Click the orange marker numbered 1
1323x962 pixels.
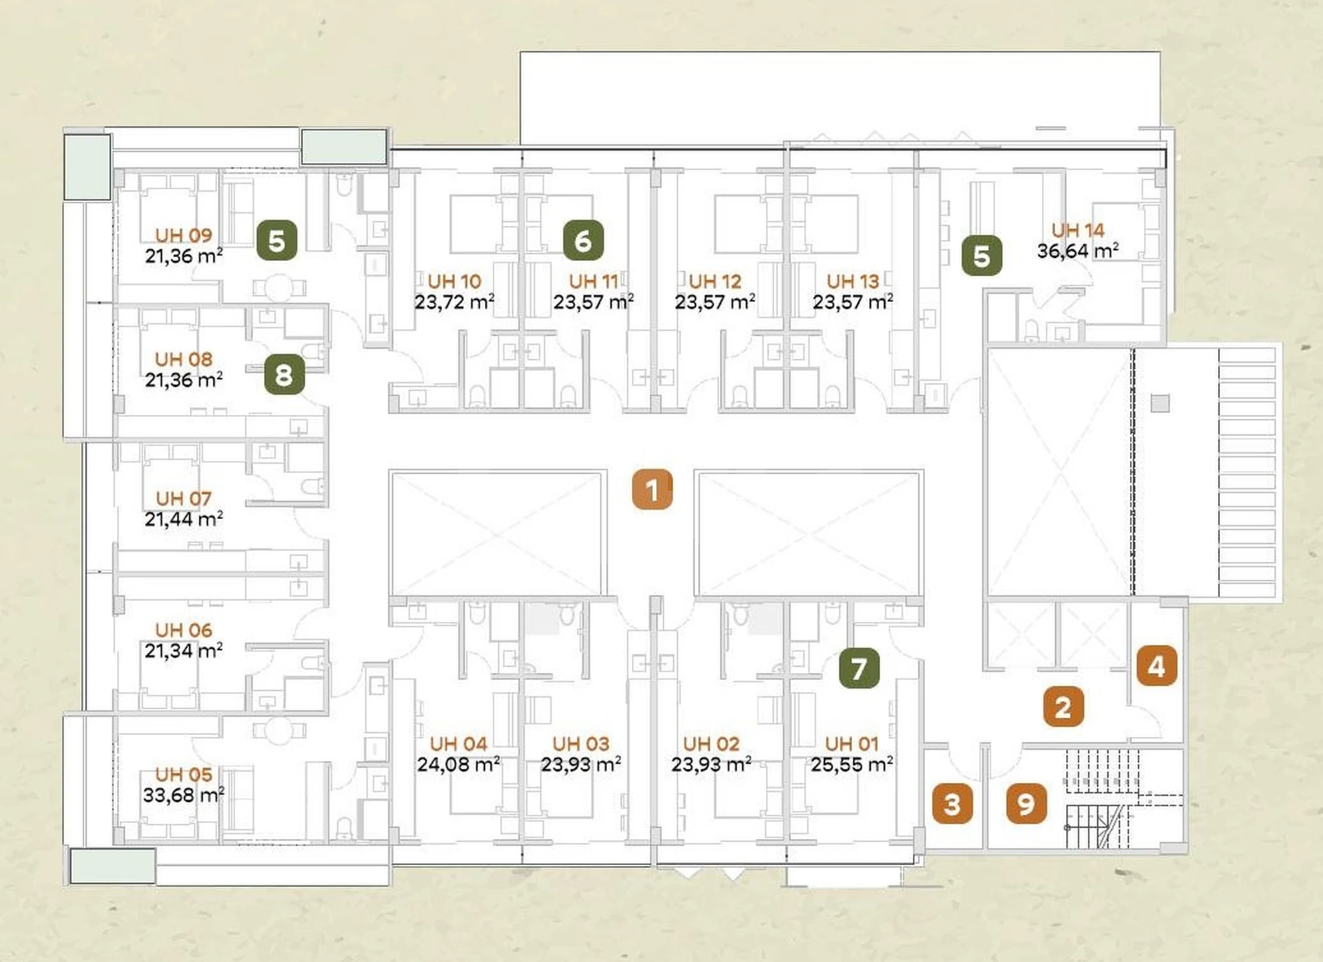652,490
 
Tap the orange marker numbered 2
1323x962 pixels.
1063,706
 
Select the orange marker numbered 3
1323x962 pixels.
952,804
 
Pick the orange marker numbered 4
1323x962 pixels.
1157,665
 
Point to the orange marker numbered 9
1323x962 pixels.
1026,804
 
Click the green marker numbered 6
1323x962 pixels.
583,240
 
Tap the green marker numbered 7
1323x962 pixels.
859,668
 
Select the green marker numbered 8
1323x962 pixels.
285,374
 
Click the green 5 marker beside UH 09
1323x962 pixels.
277,240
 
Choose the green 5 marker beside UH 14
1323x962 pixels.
982,255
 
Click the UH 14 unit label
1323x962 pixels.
1078,230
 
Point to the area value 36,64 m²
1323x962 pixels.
1078,251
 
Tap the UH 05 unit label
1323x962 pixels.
184,774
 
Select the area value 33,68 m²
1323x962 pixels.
184,795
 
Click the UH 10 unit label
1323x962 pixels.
455,281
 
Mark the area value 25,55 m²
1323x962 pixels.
852,764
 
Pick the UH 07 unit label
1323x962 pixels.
184,498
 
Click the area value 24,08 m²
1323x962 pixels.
458,764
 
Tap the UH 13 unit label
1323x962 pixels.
853,281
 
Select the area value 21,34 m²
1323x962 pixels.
184,650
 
